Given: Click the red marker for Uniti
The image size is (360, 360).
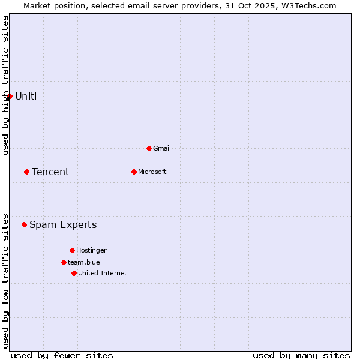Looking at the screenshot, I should (10, 96).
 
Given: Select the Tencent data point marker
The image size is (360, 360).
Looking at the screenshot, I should (26, 172).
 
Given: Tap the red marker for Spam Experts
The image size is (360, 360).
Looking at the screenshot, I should (24, 224).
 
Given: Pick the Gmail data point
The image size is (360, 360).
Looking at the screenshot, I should (149, 148).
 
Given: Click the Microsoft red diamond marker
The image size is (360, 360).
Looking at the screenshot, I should (134, 172).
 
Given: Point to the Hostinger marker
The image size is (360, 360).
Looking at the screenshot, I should (72, 250).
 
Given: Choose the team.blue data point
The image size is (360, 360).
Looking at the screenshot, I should (64, 262).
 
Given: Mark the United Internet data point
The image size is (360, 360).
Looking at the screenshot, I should (74, 273).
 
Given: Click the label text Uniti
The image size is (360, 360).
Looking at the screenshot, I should (26, 96).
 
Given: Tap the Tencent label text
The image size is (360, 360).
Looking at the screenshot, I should (50, 172).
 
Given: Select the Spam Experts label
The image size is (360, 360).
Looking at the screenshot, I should (63, 224).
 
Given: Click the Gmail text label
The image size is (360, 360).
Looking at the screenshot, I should (163, 148).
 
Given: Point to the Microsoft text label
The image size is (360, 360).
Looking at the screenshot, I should (152, 172).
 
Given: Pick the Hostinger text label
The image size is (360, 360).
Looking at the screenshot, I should (91, 250).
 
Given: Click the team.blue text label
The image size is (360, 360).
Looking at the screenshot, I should (84, 262).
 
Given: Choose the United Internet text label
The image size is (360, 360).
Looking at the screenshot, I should (103, 273).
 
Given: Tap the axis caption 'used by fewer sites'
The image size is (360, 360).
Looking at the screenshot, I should (62, 355).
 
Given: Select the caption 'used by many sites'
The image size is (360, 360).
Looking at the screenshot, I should (301, 355).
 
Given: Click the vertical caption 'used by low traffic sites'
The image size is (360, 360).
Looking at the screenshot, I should (5, 281).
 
